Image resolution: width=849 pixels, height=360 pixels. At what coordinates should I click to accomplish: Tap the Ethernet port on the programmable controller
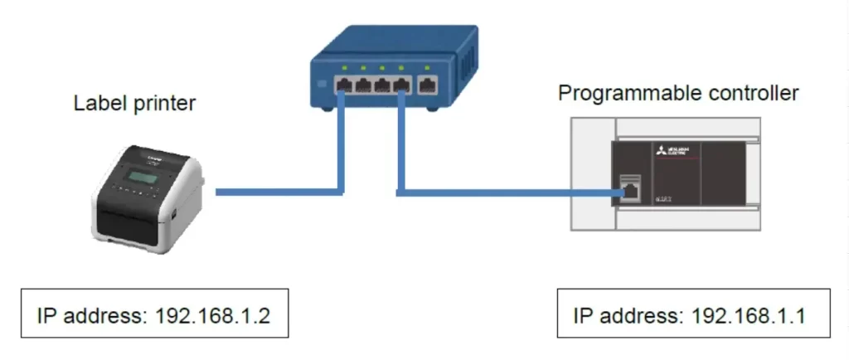631,188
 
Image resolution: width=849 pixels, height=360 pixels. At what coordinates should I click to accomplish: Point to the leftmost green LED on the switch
343,66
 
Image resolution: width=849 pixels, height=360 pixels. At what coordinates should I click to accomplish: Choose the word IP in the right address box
582,317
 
